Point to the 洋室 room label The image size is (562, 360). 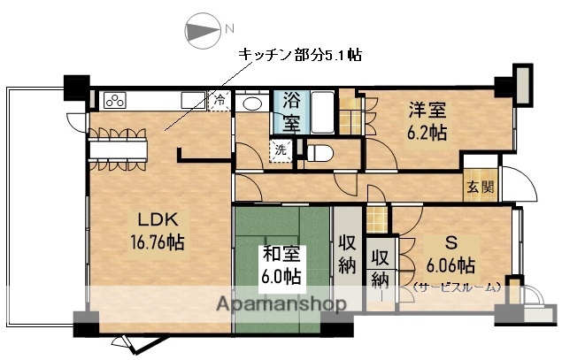coord(427,111)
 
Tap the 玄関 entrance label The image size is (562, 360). coord(483,187)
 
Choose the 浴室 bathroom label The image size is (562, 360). coord(291,111)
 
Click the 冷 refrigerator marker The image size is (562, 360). coord(219,100)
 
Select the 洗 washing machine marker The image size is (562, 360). coord(280,150)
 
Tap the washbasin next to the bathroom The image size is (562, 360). coord(250,103)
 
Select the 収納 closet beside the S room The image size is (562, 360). coord(380,268)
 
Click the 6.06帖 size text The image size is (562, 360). coord(451,264)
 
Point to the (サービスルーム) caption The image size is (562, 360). coord(456,287)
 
